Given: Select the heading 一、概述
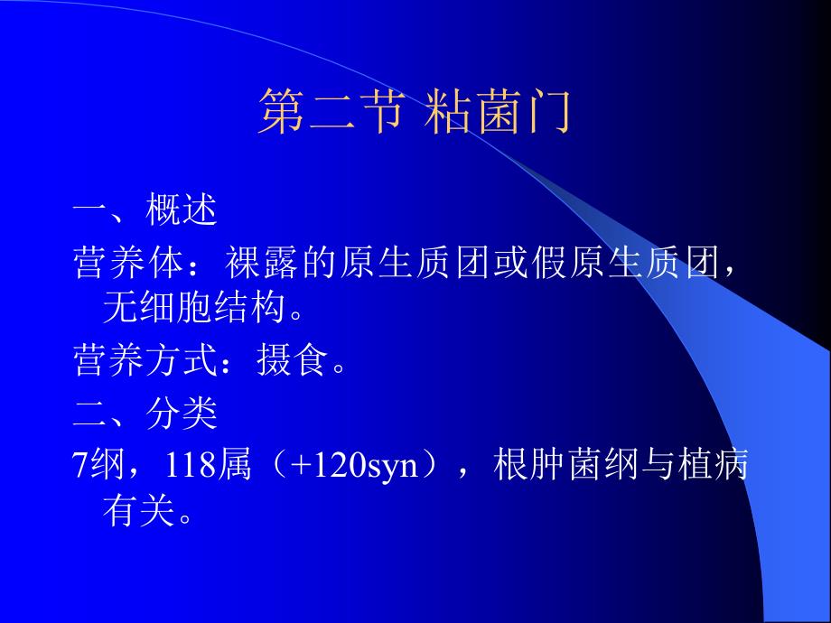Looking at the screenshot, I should pyautogui.click(x=145, y=211).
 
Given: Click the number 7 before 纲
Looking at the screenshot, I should pyautogui.click(x=79, y=466).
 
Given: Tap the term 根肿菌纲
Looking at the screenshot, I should pyautogui.click(x=566, y=466).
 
